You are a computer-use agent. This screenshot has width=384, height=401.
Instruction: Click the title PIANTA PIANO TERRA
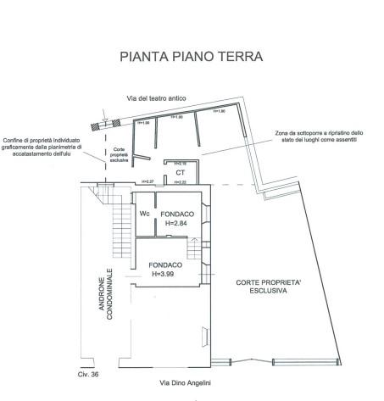(192, 58)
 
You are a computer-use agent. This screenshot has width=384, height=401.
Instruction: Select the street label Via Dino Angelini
(183, 382)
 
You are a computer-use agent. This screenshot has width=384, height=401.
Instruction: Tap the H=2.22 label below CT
(181, 182)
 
